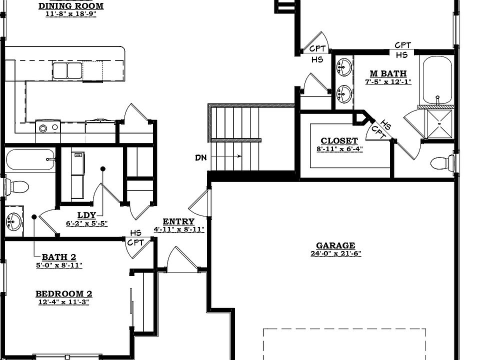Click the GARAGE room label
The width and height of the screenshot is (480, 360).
coord(335,245)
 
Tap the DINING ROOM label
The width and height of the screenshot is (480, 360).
coord(71,6)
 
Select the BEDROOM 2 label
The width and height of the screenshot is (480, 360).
coord(63,294)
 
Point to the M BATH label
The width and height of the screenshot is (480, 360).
coord(388,73)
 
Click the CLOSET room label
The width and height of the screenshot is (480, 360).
coord(339,141)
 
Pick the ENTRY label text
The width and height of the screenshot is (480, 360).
coord(178,221)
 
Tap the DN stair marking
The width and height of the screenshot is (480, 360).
coord(201,157)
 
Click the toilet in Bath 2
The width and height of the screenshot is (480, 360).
coord(17,186)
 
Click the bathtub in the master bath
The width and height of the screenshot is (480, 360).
coord(437,81)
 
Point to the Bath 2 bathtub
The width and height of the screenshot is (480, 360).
coord(30,159)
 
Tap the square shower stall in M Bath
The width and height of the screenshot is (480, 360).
coord(439,124)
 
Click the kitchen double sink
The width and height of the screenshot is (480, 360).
coord(67,70)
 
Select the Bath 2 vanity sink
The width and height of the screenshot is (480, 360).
coord(13,221)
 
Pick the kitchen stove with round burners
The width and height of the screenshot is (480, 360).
coord(48,127)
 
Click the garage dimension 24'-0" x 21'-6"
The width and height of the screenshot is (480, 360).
coord(336,254)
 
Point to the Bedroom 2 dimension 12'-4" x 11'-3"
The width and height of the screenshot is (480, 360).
coord(63,302)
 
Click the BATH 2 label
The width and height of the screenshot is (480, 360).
coord(59,257)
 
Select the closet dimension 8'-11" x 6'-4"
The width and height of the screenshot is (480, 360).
coord(339,149)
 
